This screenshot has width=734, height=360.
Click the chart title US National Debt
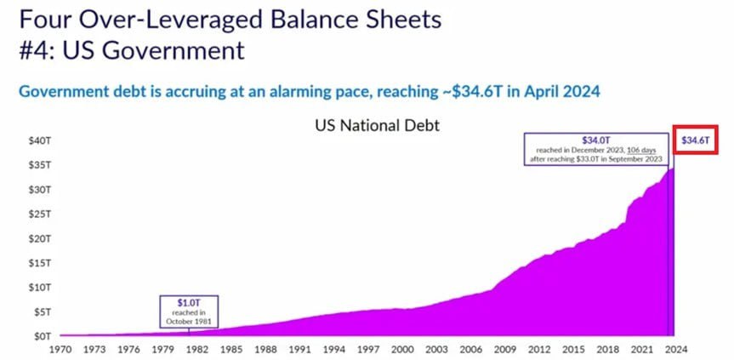[378, 125]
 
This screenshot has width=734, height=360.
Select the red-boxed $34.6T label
[695, 140]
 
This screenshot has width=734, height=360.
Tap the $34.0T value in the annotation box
[595, 140]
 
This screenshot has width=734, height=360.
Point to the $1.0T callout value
[189, 302]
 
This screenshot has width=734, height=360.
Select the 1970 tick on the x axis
[60, 349]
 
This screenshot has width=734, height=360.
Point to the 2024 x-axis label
[676, 349]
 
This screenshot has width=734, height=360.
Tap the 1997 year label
[368, 349]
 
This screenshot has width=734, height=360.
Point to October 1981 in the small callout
[189, 322]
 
